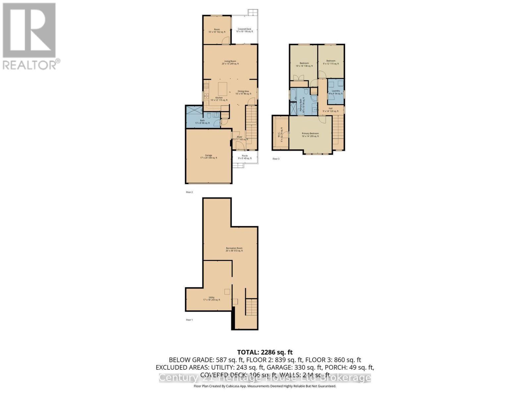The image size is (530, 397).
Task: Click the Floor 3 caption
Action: point(276,159)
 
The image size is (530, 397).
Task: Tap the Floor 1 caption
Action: point(189,320)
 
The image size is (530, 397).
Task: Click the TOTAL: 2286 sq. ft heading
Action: point(265,352)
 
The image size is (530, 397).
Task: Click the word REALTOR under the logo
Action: point(30,65)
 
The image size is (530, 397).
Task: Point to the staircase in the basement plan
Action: point(251,307)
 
